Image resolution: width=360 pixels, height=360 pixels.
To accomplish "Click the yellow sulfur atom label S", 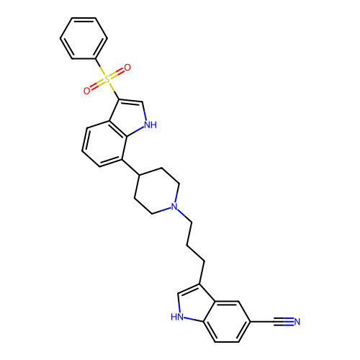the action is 107,79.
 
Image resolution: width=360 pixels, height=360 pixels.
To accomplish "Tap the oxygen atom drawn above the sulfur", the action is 127,68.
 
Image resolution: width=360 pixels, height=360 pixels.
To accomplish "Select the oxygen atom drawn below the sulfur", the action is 87,91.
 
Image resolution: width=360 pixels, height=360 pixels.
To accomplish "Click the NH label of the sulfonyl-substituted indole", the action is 150,125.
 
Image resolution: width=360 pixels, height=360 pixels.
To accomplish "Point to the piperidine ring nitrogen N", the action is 174,207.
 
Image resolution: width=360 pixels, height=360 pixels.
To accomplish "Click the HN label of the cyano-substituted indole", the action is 177,317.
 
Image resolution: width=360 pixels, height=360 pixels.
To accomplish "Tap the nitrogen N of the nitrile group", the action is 297,322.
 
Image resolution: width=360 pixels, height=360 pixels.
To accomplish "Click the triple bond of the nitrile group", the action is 283,322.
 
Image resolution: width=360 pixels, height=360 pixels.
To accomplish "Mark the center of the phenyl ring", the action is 84,38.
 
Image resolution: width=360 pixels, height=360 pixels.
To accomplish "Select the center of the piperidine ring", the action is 157,191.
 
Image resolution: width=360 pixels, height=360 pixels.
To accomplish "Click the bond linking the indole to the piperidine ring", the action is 130,167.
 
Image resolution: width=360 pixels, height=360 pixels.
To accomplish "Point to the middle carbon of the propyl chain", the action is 187,245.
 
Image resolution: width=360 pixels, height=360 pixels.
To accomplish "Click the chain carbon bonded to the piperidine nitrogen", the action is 192,222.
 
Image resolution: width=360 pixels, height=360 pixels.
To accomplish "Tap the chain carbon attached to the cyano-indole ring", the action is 204,261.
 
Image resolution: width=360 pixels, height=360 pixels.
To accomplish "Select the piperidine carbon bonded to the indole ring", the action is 140,175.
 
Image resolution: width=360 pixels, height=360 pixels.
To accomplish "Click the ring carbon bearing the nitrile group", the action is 251,321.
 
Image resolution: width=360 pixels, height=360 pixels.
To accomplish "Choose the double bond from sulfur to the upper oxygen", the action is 117,73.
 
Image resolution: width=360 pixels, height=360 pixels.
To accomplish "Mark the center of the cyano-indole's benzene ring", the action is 227,321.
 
